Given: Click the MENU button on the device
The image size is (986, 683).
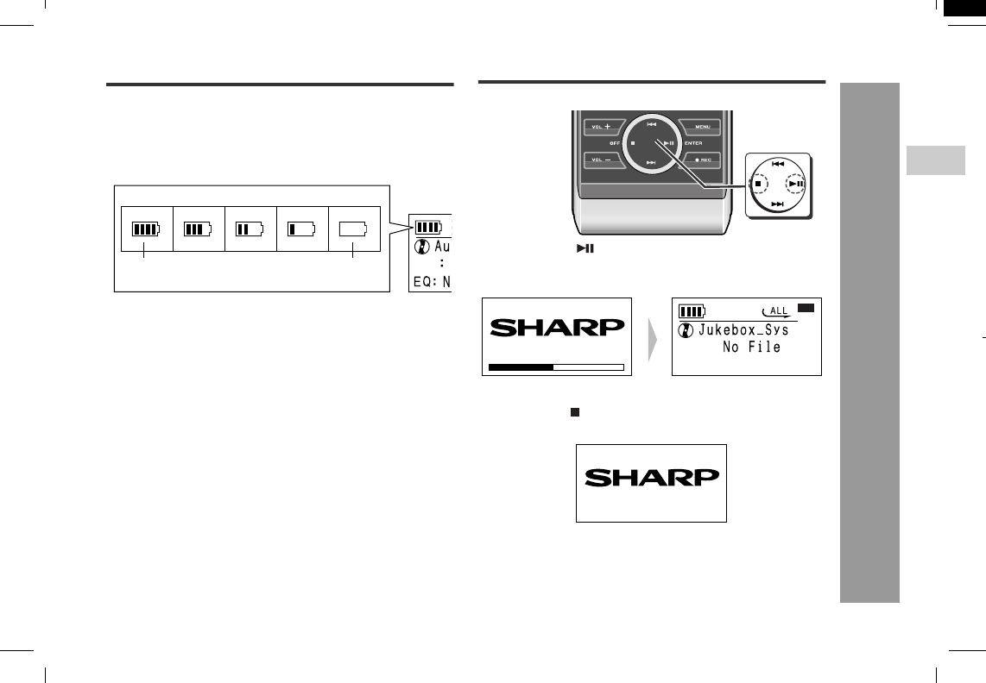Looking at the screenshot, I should [x=702, y=127].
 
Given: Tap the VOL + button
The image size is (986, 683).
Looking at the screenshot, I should [x=602, y=127].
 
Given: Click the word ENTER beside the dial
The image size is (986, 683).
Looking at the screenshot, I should [x=692, y=143].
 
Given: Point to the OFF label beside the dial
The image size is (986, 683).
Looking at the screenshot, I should [x=615, y=143].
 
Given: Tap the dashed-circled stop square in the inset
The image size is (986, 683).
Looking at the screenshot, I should [x=758, y=184].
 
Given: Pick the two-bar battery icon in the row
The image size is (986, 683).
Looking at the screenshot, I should [x=250, y=229].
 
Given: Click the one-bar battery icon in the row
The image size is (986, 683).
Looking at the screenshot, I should [x=302, y=229].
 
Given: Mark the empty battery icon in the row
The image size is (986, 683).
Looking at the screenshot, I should [x=354, y=229].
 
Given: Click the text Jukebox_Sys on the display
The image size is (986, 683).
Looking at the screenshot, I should [x=743, y=330].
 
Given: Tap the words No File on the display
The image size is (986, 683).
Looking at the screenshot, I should [x=751, y=348].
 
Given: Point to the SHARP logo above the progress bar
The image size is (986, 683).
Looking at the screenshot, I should [x=557, y=328].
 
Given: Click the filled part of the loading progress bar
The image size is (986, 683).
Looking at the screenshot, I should [x=521, y=367].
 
